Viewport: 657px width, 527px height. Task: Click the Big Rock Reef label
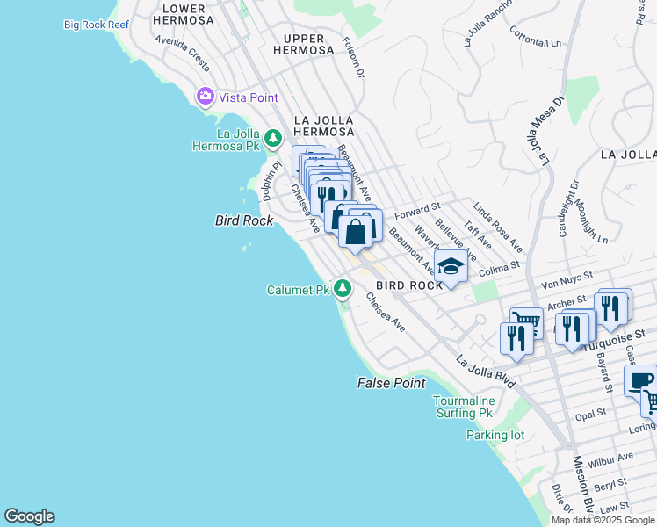pyautogui.click(x=96, y=25)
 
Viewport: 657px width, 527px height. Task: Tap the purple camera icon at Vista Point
pyautogui.click(x=206, y=97)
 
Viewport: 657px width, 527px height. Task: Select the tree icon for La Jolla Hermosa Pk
pyautogui.click(x=273, y=138)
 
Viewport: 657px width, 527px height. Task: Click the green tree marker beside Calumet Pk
pyautogui.click(x=343, y=288)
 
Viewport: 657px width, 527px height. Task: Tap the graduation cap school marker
pyautogui.click(x=451, y=267)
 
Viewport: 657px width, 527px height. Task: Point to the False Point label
pyautogui.click(x=391, y=383)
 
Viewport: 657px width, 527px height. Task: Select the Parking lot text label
pyautogui.click(x=495, y=435)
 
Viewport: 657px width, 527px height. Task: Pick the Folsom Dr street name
pyautogui.click(x=353, y=57)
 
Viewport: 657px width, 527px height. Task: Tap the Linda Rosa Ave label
pyautogui.click(x=498, y=227)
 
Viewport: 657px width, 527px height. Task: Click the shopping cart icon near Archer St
pyautogui.click(x=525, y=321)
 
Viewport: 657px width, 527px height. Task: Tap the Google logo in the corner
pyautogui.click(x=29, y=516)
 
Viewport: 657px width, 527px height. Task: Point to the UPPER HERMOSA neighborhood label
pyautogui.click(x=302, y=44)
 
